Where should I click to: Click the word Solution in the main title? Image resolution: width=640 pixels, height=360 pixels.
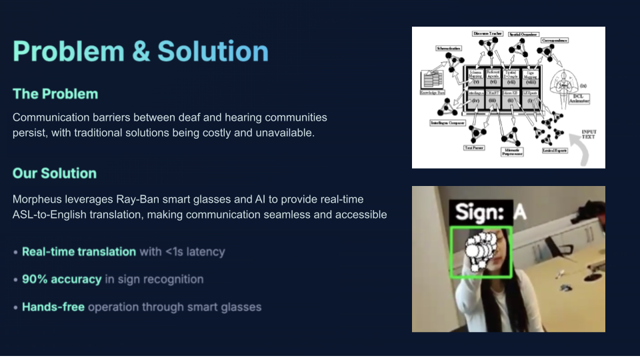(213, 51)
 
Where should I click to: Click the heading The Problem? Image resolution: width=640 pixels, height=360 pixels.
(55, 94)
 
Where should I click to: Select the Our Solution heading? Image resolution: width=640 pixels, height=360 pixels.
(55, 173)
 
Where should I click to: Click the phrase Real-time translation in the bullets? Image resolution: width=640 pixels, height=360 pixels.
(79, 252)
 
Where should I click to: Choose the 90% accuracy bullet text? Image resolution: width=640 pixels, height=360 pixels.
(61, 279)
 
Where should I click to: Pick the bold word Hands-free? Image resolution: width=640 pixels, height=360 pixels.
(53, 307)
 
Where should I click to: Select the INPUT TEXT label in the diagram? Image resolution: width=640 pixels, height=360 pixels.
(589, 135)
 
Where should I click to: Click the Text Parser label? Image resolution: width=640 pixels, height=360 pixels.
(473, 147)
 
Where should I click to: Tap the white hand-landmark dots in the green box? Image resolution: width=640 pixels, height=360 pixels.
(480, 251)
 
